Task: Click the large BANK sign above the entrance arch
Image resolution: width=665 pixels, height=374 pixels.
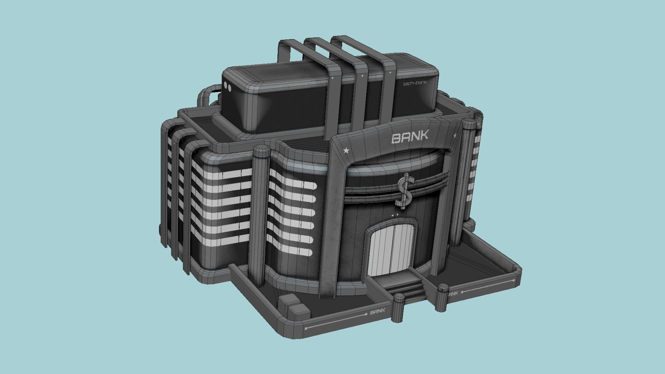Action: tap(410, 137)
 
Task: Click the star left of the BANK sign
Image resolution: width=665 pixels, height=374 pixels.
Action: tap(346, 151)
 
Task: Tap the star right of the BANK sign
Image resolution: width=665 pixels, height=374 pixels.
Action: tap(455, 136)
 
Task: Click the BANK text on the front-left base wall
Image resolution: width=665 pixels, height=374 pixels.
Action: tap(378, 312)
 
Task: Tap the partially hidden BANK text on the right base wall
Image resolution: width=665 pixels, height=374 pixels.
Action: tap(453, 294)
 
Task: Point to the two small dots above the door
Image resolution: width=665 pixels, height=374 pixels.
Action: tap(395, 216)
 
